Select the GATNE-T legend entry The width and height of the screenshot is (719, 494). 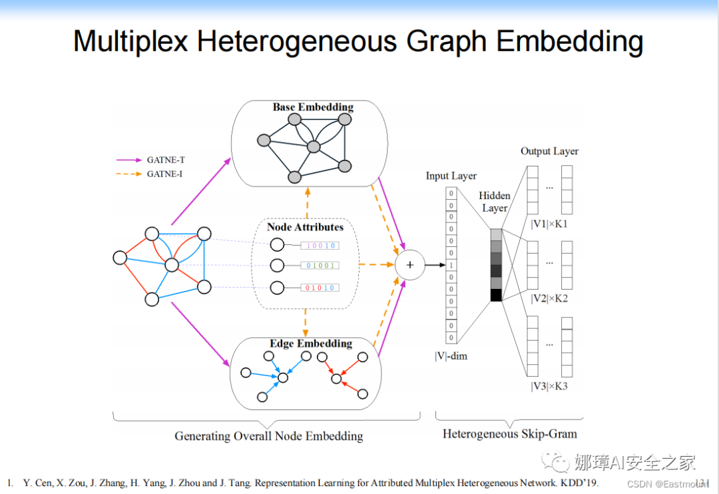pos(163,160)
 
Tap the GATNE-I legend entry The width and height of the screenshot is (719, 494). pos(164,174)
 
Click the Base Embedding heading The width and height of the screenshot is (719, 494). pos(313,107)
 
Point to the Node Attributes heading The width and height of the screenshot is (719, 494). pos(305,227)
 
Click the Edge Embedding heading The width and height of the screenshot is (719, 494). pos(310,344)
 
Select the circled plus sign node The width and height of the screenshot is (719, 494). pos(409,265)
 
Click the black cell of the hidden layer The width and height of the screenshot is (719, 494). pos(496,295)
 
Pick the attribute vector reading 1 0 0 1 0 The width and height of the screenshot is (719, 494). pos(320,246)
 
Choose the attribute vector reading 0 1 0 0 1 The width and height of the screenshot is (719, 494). pos(320,266)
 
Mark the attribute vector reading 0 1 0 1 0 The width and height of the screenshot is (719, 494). pos(320,288)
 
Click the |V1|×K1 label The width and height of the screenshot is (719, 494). pos(549,224)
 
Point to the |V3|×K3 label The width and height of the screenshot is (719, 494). pos(549,386)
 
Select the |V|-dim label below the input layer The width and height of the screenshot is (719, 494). pos(451,356)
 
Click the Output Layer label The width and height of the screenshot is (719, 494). pos(549,151)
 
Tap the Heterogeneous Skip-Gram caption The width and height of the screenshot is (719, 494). pos(510,434)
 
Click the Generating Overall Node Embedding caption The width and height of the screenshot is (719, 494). pos(269,436)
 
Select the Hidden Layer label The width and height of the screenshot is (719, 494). pos(495,202)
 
